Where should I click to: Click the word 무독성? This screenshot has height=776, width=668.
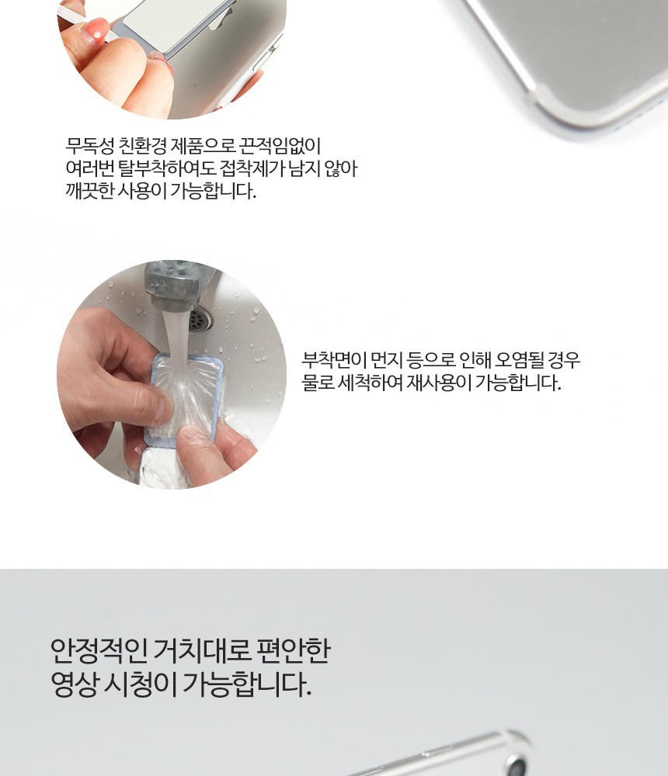89,146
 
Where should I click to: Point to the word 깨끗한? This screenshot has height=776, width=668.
89,191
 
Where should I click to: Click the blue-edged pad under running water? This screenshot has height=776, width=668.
186,396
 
